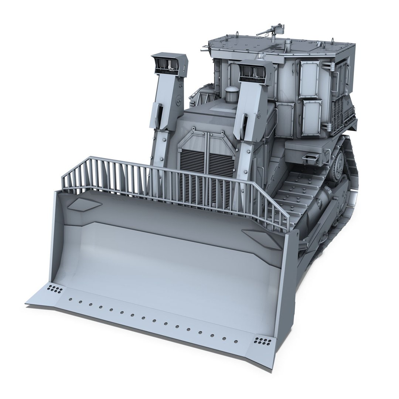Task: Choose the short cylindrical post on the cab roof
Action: click(x=287, y=46)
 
